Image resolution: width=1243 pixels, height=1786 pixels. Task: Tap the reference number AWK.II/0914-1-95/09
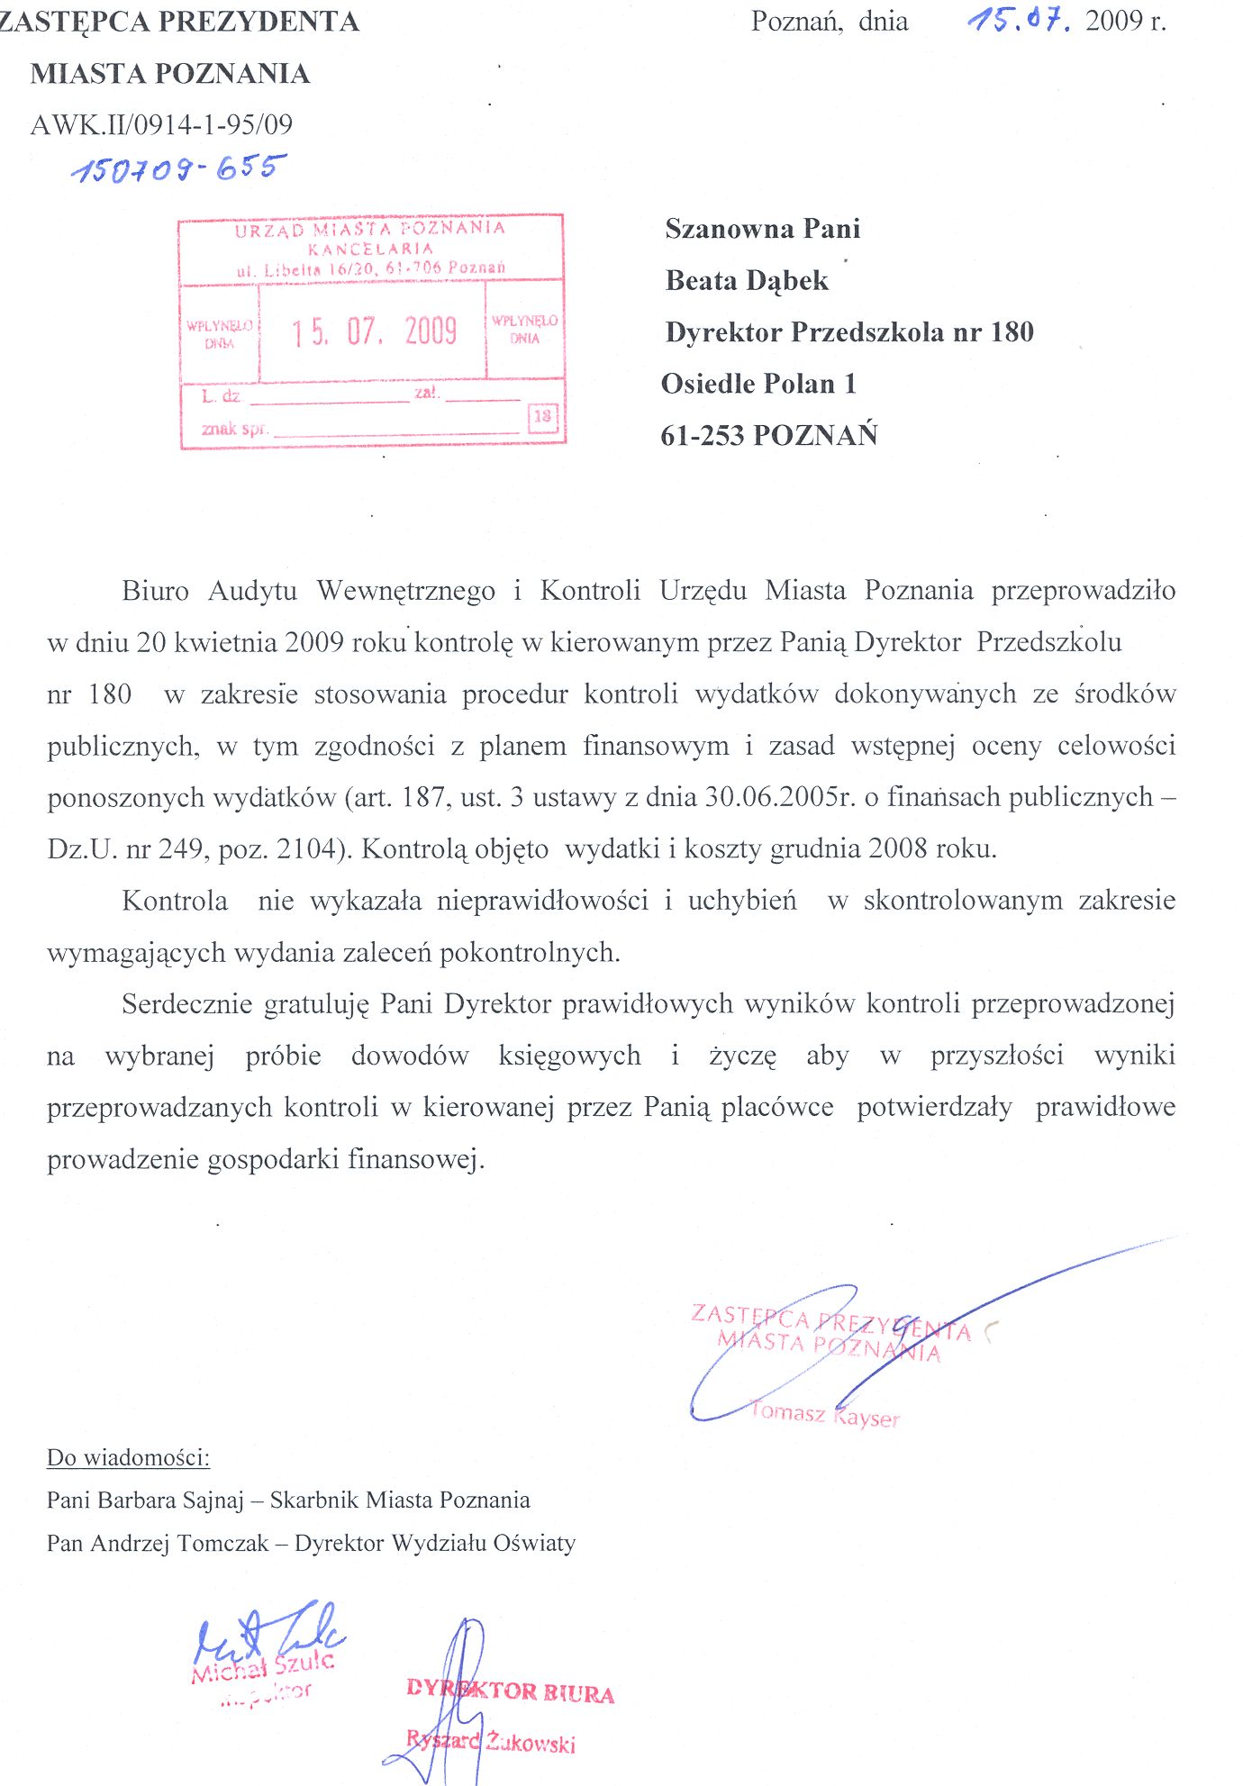[x=162, y=124]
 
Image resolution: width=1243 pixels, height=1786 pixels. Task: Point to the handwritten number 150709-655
[x=178, y=168]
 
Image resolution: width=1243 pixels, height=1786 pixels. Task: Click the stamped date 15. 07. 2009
[x=374, y=331]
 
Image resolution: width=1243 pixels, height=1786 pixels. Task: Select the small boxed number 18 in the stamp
[x=542, y=416]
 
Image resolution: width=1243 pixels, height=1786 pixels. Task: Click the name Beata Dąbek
[x=747, y=281]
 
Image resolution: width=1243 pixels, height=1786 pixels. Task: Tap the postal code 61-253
[x=703, y=436]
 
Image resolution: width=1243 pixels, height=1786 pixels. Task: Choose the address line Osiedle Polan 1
[x=758, y=384]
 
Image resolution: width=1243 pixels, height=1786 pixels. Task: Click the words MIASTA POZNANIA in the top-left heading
[x=170, y=74]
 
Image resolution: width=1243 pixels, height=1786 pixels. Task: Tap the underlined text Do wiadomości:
[x=128, y=1457]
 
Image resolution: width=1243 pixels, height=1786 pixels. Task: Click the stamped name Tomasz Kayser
[x=823, y=1414]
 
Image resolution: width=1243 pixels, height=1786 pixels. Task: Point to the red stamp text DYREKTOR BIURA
[x=510, y=1691]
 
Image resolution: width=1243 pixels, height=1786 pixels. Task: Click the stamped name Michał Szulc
[x=262, y=1667]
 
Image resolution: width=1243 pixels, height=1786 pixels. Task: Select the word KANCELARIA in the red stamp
[x=370, y=249]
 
